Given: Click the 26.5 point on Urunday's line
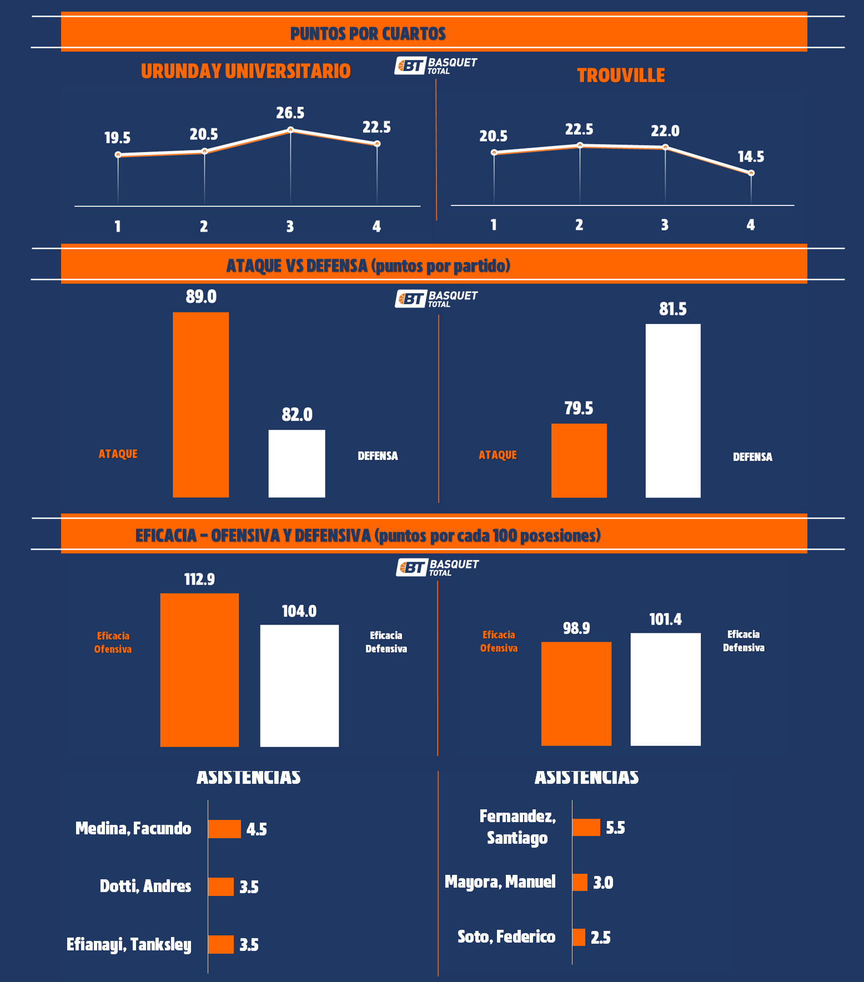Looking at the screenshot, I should click(x=290, y=130).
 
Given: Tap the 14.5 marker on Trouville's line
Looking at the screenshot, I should click(x=751, y=173).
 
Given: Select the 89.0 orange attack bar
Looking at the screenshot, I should click(x=200, y=405).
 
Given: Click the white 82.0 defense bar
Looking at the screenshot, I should click(x=297, y=464).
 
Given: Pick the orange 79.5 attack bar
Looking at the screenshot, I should click(x=579, y=460).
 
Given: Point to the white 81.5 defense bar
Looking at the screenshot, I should click(x=673, y=410).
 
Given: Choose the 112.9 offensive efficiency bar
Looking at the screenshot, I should click(x=199, y=670).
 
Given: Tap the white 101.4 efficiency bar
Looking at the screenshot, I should click(x=665, y=689).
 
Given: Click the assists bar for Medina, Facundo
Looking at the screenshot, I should click(x=224, y=829).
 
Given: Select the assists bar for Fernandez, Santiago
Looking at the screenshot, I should click(x=586, y=827).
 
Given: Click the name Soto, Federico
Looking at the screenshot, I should click(x=506, y=937).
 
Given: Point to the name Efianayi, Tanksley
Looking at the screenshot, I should click(x=129, y=944).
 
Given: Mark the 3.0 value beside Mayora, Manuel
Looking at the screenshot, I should click(x=603, y=883).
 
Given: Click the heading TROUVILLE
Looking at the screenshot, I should click(x=621, y=75).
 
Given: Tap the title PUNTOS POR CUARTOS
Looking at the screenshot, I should click(x=368, y=34).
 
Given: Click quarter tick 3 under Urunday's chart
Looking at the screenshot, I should click(x=290, y=226).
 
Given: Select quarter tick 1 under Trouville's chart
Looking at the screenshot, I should click(x=494, y=225).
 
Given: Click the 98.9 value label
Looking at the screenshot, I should click(x=576, y=628).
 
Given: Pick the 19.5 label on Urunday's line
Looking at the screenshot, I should click(x=118, y=138).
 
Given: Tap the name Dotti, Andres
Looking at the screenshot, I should click(x=145, y=886).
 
